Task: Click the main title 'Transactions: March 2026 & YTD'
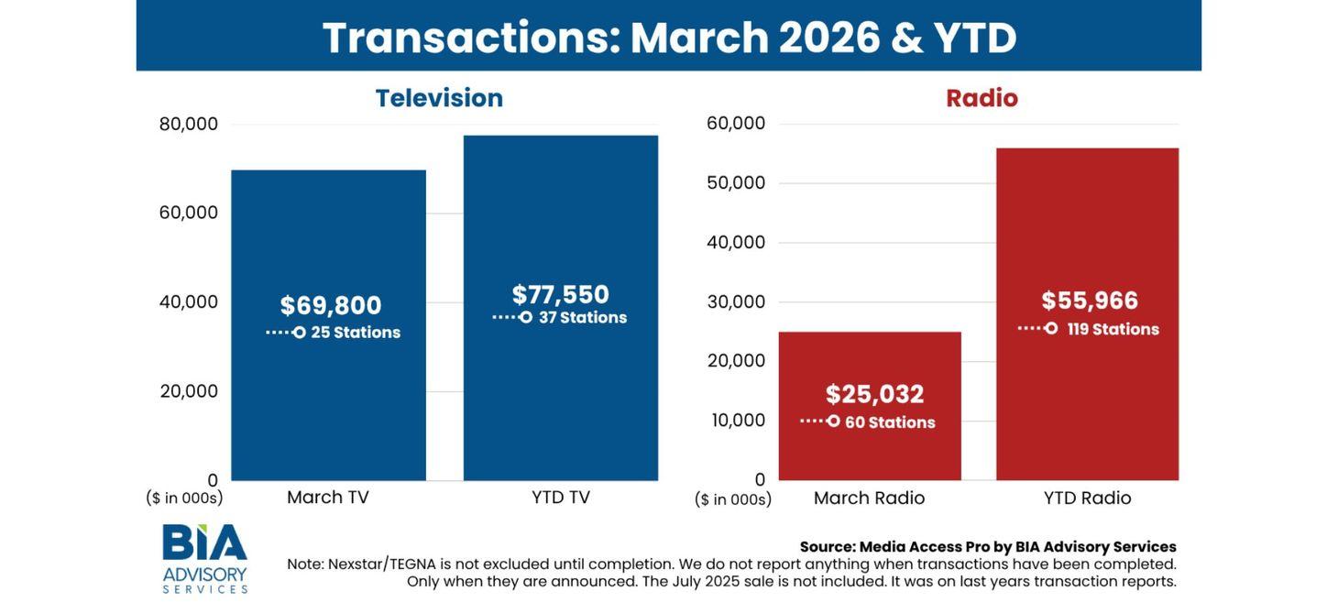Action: [669, 38]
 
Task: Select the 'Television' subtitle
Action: [439, 98]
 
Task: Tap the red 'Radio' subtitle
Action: [982, 98]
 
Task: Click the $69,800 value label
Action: [331, 306]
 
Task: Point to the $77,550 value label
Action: [560, 295]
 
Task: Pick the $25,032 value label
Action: [874, 394]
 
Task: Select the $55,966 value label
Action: [1090, 301]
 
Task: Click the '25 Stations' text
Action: [356, 333]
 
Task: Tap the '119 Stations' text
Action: [1113, 329]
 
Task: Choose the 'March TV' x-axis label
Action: [328, 498]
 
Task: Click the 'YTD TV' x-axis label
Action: [561, 498]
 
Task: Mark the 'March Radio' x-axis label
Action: [869, 498]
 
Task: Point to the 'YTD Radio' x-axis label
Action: [1087, 498]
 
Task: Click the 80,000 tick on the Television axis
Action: [189, 124]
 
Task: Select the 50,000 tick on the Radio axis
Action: [735, 182]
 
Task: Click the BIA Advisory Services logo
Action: [204, 558]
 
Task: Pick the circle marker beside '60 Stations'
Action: [833, 421]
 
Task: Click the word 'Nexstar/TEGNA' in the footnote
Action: [383, 564]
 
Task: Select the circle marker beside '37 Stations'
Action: [526, 317]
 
